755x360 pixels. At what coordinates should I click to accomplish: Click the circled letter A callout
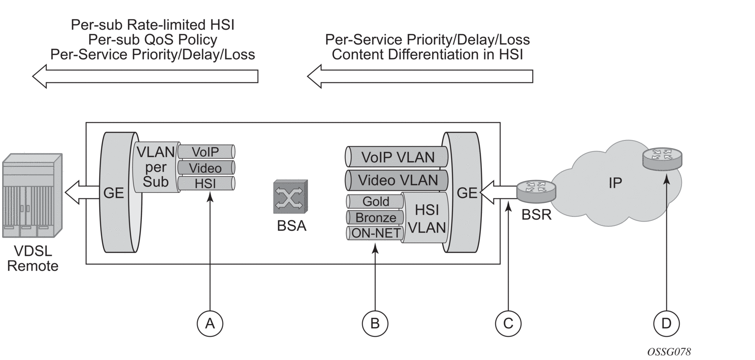point(210,324)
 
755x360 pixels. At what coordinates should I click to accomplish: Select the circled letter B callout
point(375,324)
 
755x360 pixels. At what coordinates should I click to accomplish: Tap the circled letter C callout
point(508,324)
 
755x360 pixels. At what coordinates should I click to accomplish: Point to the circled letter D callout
point(666,324)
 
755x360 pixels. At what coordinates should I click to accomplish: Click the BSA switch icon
point(290,197)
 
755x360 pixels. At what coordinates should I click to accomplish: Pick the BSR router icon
point(536,190)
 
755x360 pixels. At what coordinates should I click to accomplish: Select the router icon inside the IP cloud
point(662,158)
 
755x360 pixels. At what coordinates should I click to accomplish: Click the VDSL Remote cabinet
point(32,196)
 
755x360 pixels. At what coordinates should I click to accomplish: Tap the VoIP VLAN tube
point(397,157)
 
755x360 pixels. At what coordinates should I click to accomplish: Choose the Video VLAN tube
point(397,180)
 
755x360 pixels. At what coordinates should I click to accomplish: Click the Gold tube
point(375,202)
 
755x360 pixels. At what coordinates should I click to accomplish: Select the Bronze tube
point(375,218)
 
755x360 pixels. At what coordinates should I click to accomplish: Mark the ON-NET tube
point(375,233)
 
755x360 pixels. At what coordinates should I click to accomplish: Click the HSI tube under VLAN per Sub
point(206,183)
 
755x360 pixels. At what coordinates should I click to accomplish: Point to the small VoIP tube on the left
point(206,152)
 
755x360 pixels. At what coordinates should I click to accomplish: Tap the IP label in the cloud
point(615,182)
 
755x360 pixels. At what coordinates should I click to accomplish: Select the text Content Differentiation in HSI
point(427,55)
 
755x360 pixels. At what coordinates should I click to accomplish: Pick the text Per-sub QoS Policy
point(153,40)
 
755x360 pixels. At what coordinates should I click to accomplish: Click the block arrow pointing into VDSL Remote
point(81,192)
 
